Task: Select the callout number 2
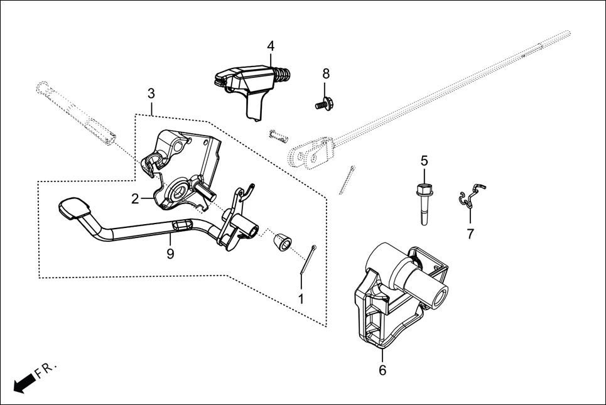tap(135, 199)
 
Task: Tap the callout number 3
tap(151, 94)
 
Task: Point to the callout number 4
tap(271, 46)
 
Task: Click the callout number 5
tap(424, 161)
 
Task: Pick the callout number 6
tap(382, 370)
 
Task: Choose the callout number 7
tap(470, 234)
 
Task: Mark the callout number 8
tap(326, 73)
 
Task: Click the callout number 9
tap(170, 254)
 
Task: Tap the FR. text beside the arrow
tap(46, 369)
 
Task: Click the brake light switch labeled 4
tap(248, 85)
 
